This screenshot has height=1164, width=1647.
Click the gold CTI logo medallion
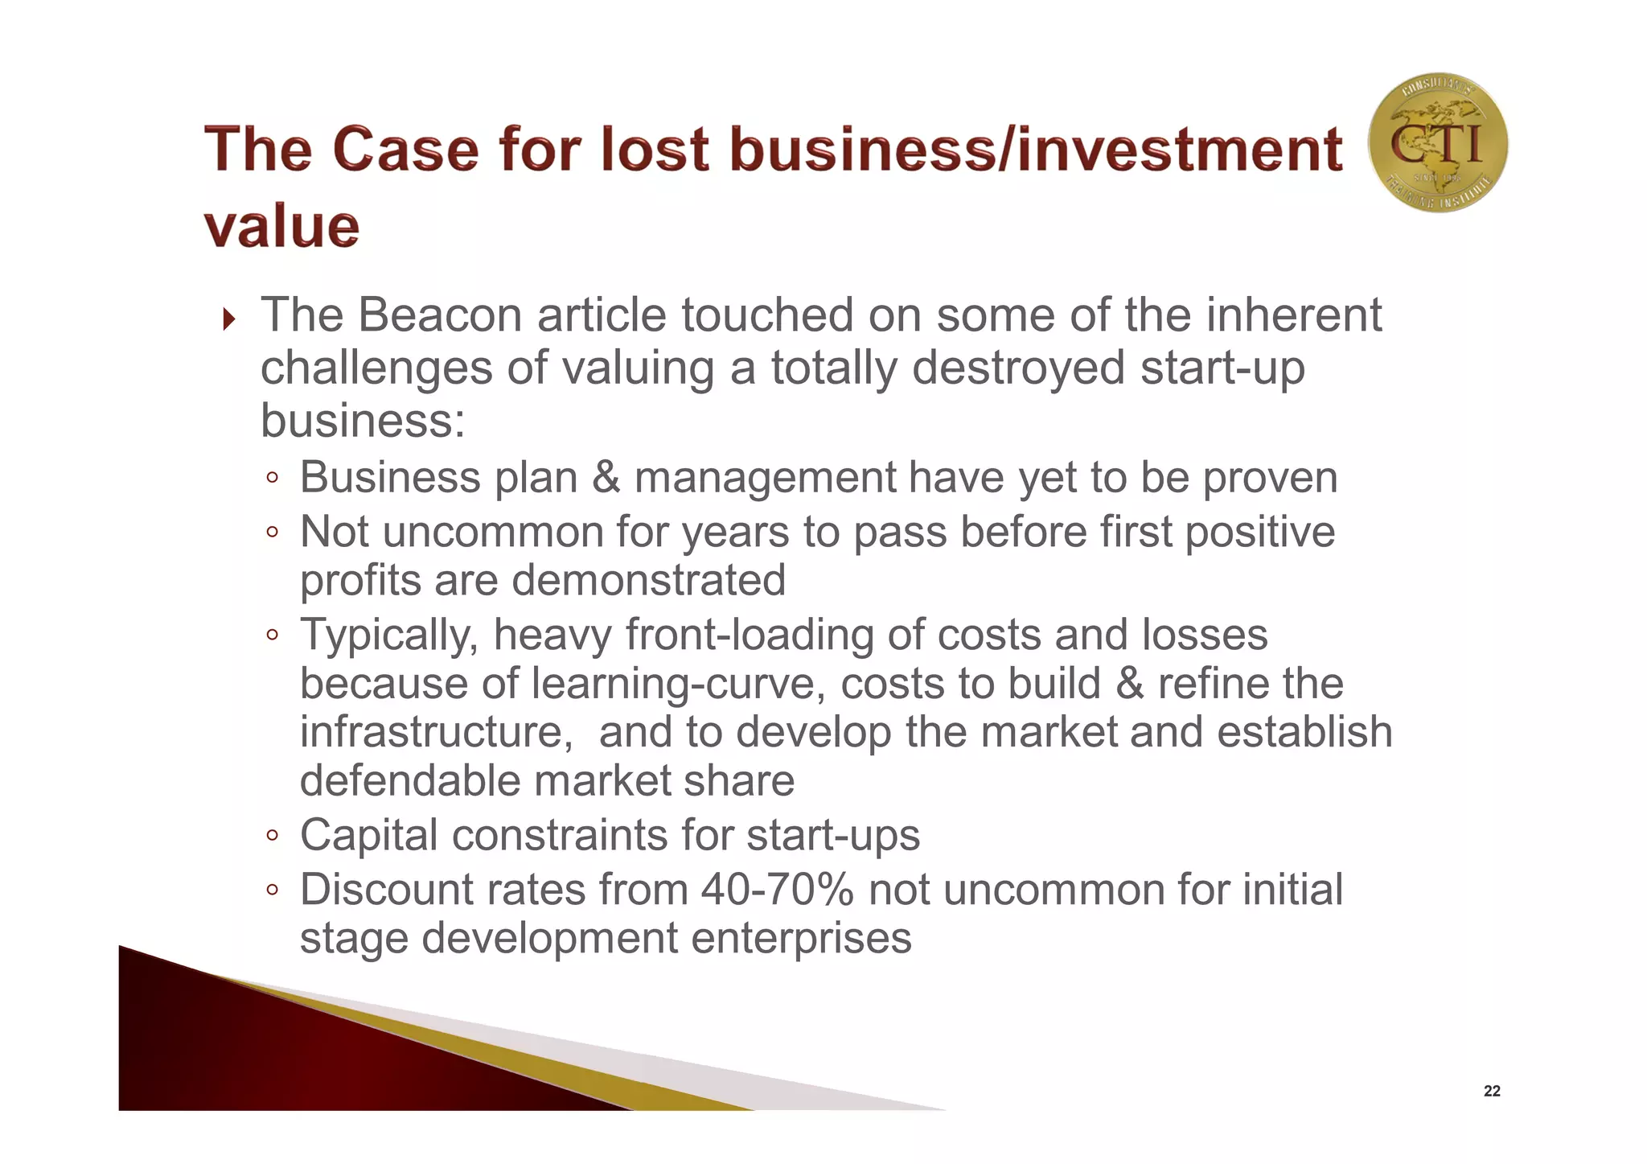1437,143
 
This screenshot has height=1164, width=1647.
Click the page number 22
1492,1092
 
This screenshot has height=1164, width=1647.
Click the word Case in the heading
405,150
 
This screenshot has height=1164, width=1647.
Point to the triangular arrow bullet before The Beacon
229,319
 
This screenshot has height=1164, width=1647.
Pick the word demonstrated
648,581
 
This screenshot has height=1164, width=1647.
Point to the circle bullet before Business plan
273,479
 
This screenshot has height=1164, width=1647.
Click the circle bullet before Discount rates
273,890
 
